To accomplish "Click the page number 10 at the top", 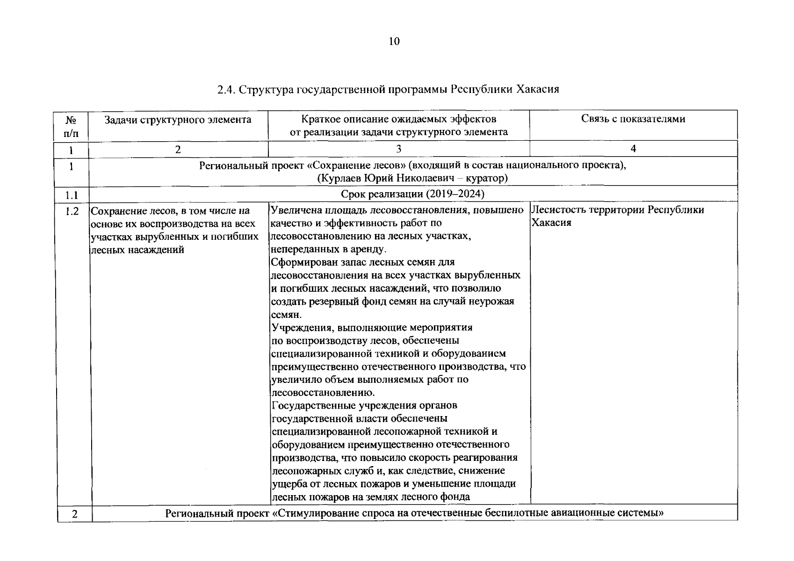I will pyautogui.click(x=394, y=42).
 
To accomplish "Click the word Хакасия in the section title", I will pyautogui.click(x=538, y=89).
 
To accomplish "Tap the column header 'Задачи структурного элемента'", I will pyautogui.click(x=178, y=120).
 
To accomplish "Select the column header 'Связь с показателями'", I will pyautogui.click(x=633, y=119).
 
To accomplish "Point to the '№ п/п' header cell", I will pyautogui.click(x=71, y=126).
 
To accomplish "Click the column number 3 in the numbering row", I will pyautogui.click(x=398, y=149).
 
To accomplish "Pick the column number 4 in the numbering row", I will pyautogui.click(x=633, y=149).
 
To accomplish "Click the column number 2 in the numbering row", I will pyautogui.click(x=178, y=150).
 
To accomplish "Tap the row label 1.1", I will pyautogui.click(x=71, y=194).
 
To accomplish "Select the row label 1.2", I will pyautogui.click(x=72, y=211).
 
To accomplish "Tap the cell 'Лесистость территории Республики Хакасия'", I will pyautogui.click(x=617, y=216).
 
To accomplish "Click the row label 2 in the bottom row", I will pyautogui.click(x=74, y=514).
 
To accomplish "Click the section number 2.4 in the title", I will pyautogui.click(x=226, y=89).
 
